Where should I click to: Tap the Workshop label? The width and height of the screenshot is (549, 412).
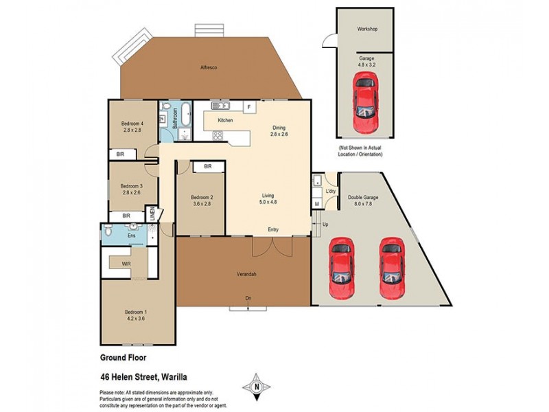point(366,30)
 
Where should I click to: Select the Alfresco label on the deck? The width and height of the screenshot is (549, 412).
point(209,67)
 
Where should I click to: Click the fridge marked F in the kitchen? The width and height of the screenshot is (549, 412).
point(249,106)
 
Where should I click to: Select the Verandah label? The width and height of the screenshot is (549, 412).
point(245,275)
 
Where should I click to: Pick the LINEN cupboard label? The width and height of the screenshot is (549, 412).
point(153,215)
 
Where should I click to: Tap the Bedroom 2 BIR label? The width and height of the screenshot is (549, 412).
point(207,166)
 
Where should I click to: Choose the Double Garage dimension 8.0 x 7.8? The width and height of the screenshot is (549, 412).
point(363,203)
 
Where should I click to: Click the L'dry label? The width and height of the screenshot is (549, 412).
point(331,190)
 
